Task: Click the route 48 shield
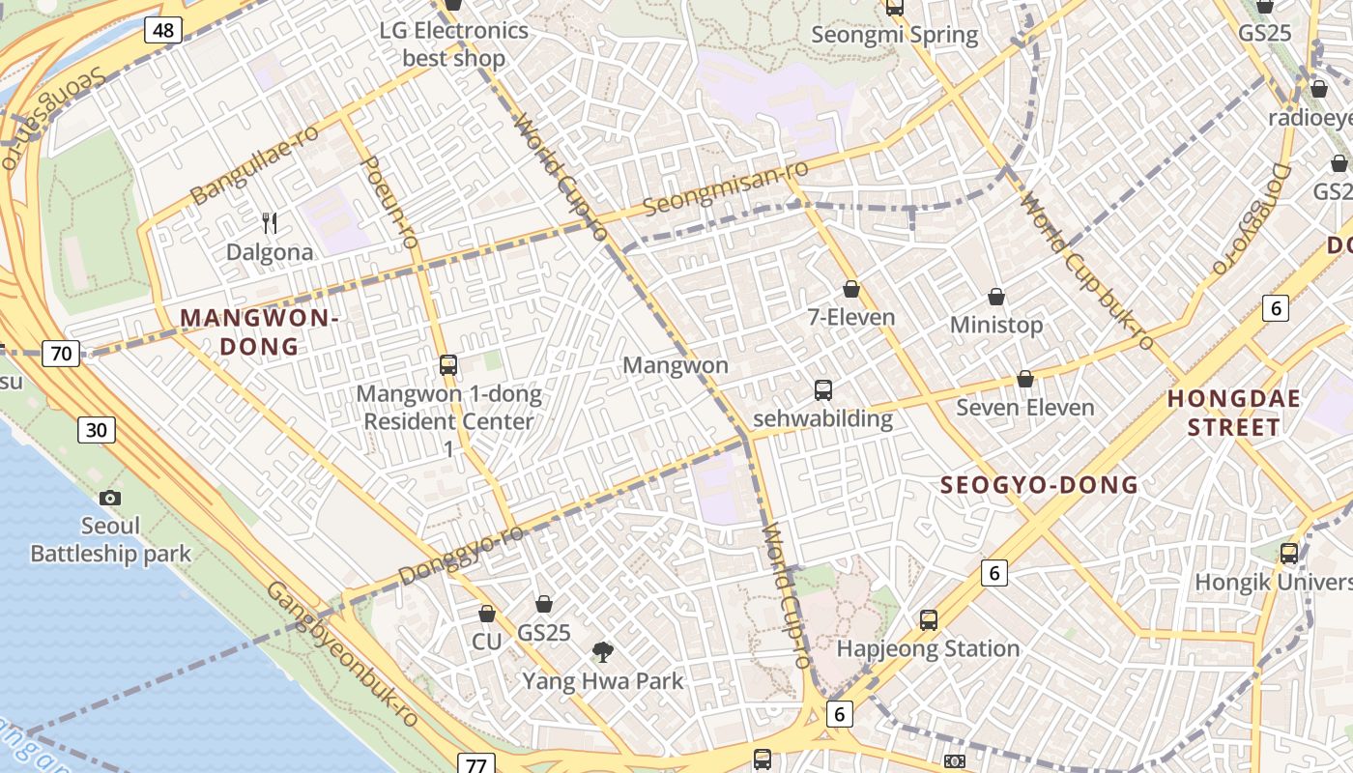[x=163, y=30]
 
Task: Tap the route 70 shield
[x=61, y=354]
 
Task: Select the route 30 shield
[x=97, y=430]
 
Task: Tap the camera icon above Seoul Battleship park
[x=110, y=498]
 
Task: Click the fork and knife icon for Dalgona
[x=270, y=223]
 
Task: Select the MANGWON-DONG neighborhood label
[x=259, y=331]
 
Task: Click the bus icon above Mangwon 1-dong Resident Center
[x=448, y=365]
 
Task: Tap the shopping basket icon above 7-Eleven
[x=851, y=289]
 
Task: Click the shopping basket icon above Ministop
[x=996, y=297]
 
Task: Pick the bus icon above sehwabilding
[x=822, y=390]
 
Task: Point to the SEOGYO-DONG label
[x=1039, y=485]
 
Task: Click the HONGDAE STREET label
[x=1233, y=413]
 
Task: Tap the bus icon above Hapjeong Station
[x=928, y=619]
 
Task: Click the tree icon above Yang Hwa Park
[x=602, y=652]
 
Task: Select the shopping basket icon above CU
[x=487, y=614]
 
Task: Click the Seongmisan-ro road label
[x=725, y=188]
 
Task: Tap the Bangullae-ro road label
[x=254, y=164]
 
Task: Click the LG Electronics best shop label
[x=453, y=43]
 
